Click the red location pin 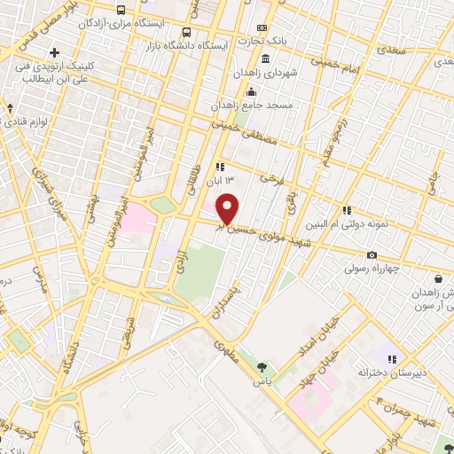pos(229,209)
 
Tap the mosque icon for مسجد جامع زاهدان pos(252,91)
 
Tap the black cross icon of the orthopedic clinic pos(55,53)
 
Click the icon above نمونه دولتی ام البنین pos(346,211)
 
